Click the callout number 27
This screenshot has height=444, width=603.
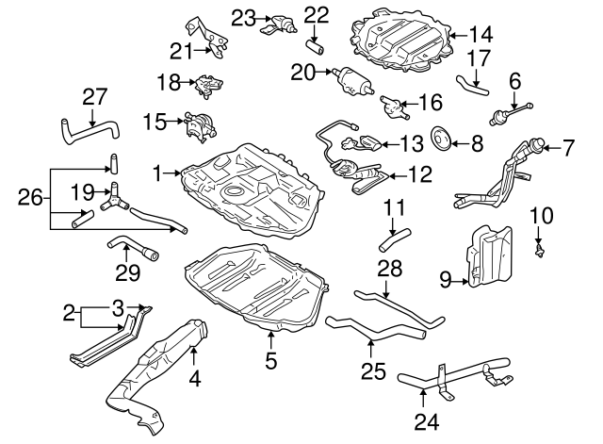[94, 96]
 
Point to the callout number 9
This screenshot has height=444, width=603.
[446, 278]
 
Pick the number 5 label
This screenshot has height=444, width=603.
[270, 359]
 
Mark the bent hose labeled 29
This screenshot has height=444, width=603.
[133, 251]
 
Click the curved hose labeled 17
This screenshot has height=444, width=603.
[470, 88]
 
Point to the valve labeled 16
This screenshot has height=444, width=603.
[392, 105]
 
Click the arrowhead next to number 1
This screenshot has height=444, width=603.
[179, 173]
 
